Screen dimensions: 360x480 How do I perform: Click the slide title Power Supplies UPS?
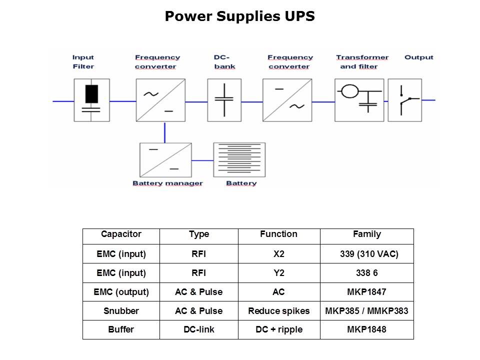[x=239, y=16]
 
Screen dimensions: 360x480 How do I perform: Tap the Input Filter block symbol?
[x=91, y=99]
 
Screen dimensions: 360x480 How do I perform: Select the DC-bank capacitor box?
[x=224, y=99]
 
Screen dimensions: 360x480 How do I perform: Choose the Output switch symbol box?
[x=404, y=99]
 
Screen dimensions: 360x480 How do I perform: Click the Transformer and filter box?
[x=359, y=99]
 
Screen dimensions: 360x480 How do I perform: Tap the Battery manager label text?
[x=167, y=183]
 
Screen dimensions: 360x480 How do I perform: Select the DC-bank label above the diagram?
[x=224, y=62]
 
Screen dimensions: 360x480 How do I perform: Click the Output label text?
[x=418, y=57]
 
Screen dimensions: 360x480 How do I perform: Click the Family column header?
[x=366, y=234]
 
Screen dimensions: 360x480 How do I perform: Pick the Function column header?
[x=278, y=234]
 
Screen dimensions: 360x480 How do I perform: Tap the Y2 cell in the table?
[x=278, y=273]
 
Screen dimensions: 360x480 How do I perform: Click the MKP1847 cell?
[x=366, y=292]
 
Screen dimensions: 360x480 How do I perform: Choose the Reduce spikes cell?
[x=278, y=311]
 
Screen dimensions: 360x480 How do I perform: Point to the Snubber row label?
[x=121, y=311]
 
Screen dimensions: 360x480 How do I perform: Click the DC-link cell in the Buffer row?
[x=198, y=330]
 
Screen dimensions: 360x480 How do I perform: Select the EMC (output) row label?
[x=121, y=292]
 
